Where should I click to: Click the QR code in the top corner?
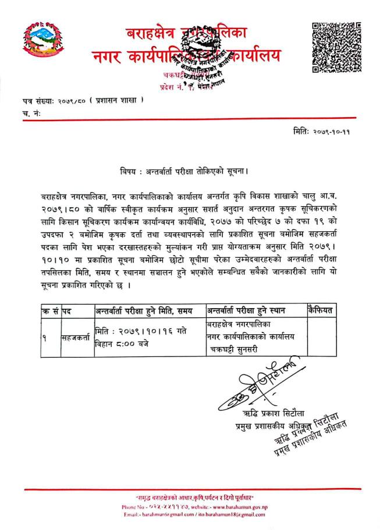[x=337, y=47]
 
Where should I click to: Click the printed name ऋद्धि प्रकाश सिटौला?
[x=260, y=414]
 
